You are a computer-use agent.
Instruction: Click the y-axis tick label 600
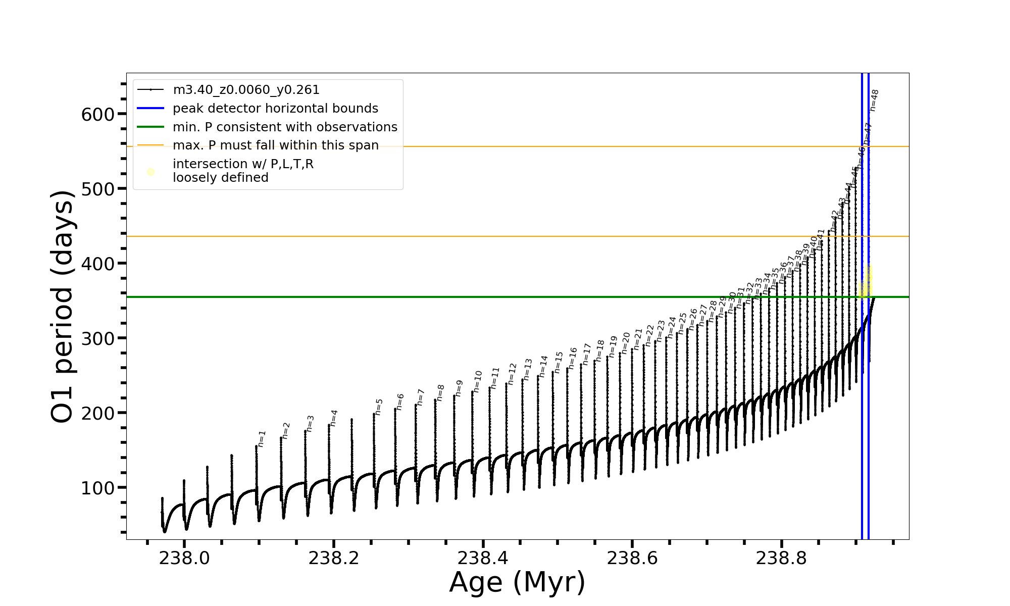[98, 115]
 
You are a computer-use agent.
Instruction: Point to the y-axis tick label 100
[98, 488]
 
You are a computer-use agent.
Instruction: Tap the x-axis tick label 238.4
[483, 558]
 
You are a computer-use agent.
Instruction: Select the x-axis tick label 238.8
[781, 558]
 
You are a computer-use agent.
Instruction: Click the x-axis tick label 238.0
[184, 558]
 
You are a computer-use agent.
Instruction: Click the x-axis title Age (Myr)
[517, 582]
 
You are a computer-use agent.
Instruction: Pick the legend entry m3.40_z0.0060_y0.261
[246, 90]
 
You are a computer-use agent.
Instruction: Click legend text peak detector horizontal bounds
[275, 109]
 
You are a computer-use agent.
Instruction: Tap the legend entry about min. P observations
[285, 127]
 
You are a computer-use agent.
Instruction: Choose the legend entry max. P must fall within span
[275, 145]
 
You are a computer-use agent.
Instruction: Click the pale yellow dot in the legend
[150, 172]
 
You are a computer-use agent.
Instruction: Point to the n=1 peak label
[262, 439]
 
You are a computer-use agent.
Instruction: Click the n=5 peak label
[379, 407]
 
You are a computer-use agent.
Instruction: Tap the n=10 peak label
[478, 382]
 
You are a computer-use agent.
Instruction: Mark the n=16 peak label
[573, 358]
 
